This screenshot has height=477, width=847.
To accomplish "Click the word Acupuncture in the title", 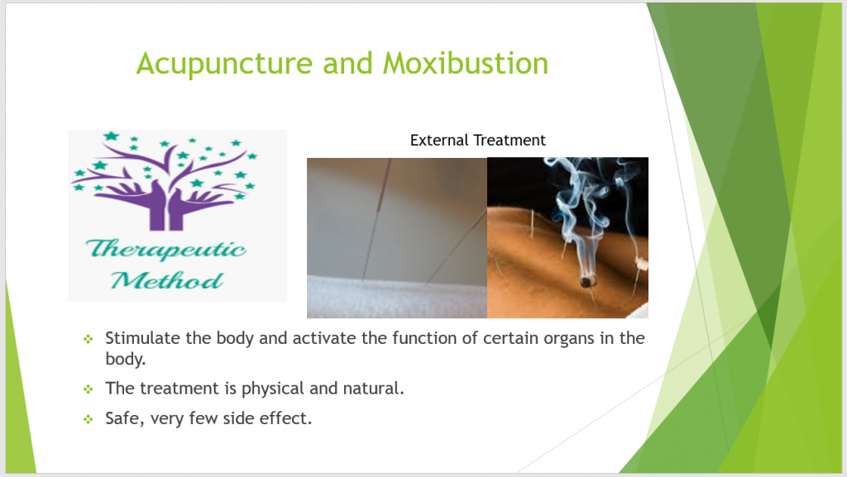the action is [225, 64].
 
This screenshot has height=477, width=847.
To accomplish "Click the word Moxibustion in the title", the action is [466, 63].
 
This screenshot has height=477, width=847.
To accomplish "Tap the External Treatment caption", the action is [477, 141].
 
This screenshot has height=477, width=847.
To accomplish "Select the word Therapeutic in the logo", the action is [165, 250].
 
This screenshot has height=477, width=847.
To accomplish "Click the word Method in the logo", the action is [167, 280].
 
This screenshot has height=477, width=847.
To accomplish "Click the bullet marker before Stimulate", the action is [88, 339].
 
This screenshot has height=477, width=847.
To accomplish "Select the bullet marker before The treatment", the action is [88, 389].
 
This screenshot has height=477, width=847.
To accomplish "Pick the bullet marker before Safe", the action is [88, 419].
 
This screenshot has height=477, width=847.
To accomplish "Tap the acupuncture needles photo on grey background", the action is [397, 238].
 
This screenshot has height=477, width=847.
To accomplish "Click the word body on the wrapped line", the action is [126, 360].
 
